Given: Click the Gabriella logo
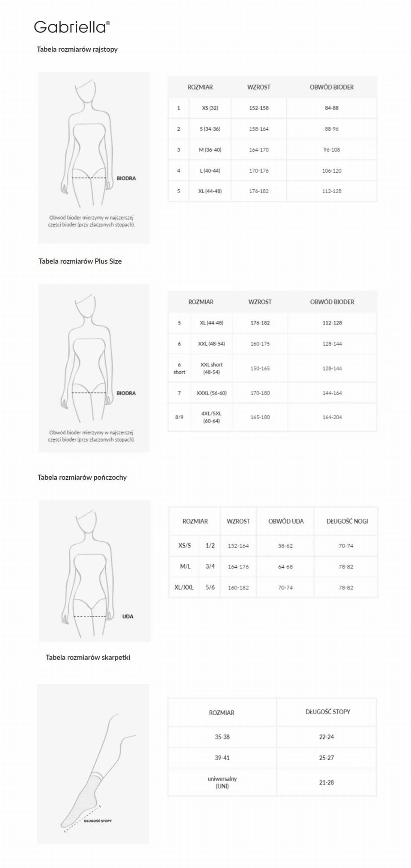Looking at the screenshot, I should (72, 27).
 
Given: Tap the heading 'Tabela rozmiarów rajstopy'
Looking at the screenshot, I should (77, 49).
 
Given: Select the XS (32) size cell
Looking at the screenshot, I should (210, 108).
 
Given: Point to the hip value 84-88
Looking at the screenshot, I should (332, 108).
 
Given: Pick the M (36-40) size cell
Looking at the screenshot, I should (210, 150).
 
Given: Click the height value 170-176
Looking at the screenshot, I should (259, 171).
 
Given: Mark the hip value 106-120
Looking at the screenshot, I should (332, 171).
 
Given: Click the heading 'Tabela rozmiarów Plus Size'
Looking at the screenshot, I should (80, 261).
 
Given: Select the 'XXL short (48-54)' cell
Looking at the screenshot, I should (211, 368).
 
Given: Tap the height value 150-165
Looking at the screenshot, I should (260, 369).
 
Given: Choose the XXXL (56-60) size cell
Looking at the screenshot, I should (211, 393).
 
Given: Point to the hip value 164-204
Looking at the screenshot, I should (332, 417).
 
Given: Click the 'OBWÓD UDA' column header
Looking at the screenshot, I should (286, 521).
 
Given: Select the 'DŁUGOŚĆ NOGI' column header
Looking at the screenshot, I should (347, 521).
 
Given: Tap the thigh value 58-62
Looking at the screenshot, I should (285, 546).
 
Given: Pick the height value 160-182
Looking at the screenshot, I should (238, 588).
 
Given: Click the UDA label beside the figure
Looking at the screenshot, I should (128, 616).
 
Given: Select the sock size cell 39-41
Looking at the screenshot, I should (222, 758).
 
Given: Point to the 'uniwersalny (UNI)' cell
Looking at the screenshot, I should (222, 782).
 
